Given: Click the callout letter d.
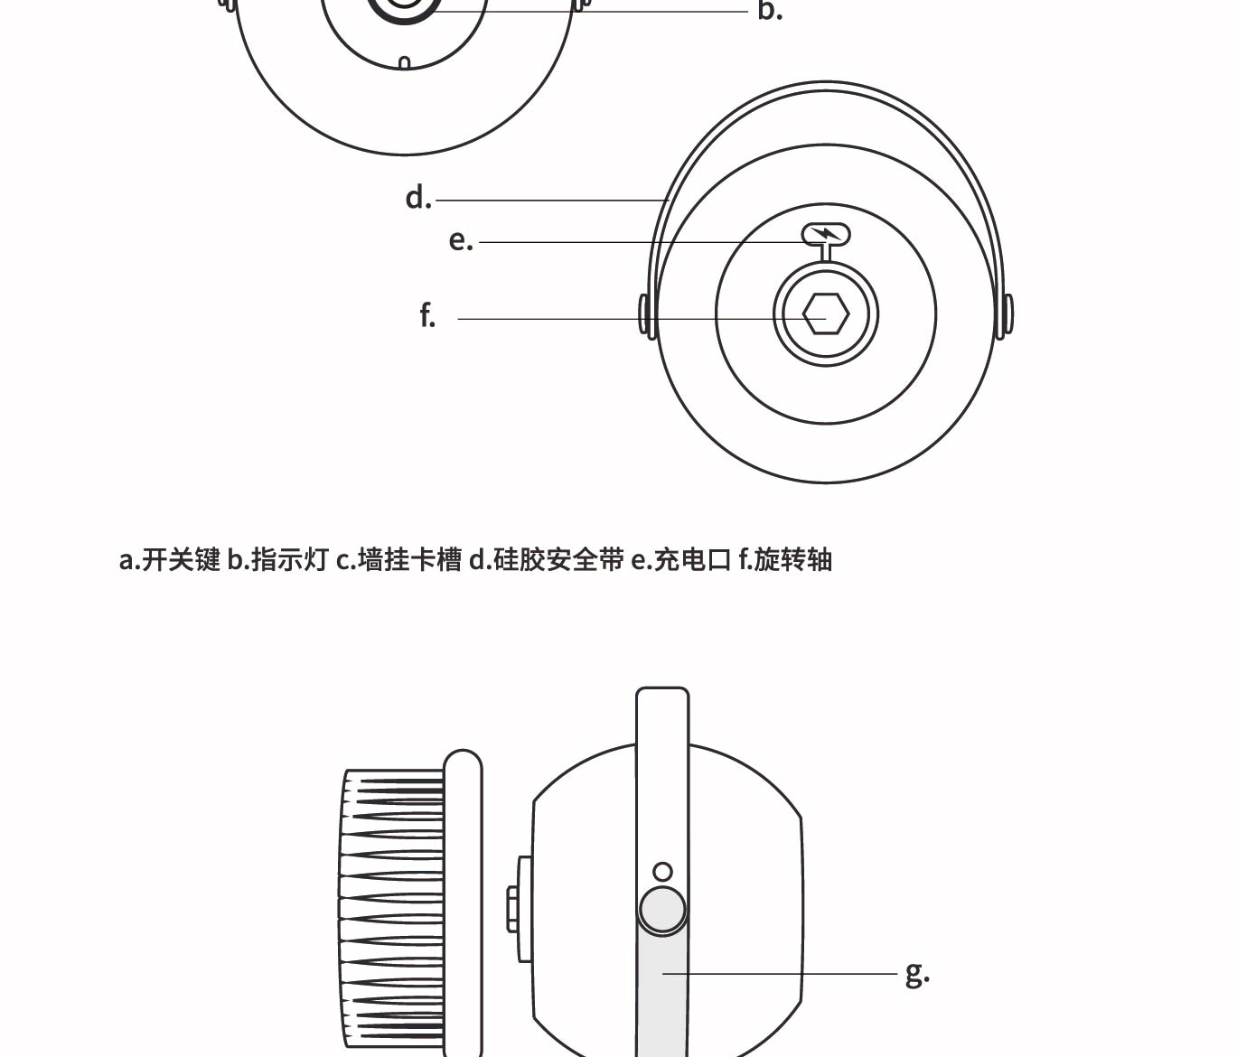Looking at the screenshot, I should click(x=417, y=198).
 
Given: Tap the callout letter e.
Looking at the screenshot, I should click(x=460, y=240).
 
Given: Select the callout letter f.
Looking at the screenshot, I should click(x=427, y=316).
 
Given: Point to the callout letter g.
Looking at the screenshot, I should click(x=916, y=974).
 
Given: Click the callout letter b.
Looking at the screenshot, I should click(x=769, y=11).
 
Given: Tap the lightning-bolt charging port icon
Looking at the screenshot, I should click(x=826, y=235).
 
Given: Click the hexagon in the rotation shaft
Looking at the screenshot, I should click(x=826, y=314).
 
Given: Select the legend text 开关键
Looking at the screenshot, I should click(x=181, y=560).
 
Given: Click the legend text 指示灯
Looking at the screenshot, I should click(x=289, y=560).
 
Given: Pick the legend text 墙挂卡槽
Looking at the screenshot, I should click(x=410, y=560).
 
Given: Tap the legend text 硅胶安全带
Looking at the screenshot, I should click(x=558, y=560).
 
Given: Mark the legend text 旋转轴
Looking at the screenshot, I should click(x=793, y=560).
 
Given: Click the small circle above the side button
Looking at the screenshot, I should click(x=662, y=872).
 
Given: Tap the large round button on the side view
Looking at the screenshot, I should click(x=662, y=909).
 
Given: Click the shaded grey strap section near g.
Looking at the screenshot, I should click(x=662, y=994).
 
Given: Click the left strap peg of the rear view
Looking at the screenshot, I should click(x=644, y=314).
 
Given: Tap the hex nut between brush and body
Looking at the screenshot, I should click(x=512, y=909).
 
